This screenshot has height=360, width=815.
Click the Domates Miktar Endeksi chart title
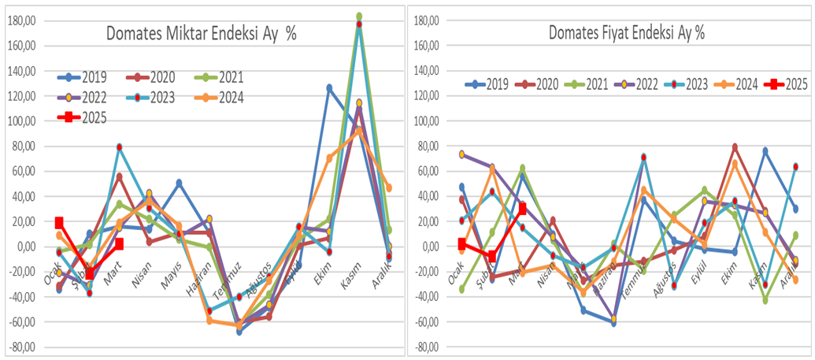(x=202, y=34)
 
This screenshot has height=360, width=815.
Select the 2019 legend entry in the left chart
(x=87, y=77)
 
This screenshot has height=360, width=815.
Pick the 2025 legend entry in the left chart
(x=87, y=118)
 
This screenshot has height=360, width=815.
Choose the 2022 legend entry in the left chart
(x=87, y=98)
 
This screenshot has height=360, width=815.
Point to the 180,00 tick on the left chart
(x=22, y=20)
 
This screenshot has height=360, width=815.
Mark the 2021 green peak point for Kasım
(x=359, y=17)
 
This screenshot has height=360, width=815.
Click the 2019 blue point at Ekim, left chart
(x=329, y=87)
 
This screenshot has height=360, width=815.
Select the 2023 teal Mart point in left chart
(x=120, y=147)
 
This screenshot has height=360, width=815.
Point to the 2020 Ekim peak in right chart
(x=735, y=147)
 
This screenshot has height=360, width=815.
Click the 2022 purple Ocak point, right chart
(x=462, y=154)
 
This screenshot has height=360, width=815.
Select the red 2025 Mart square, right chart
(x=523, y=209)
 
